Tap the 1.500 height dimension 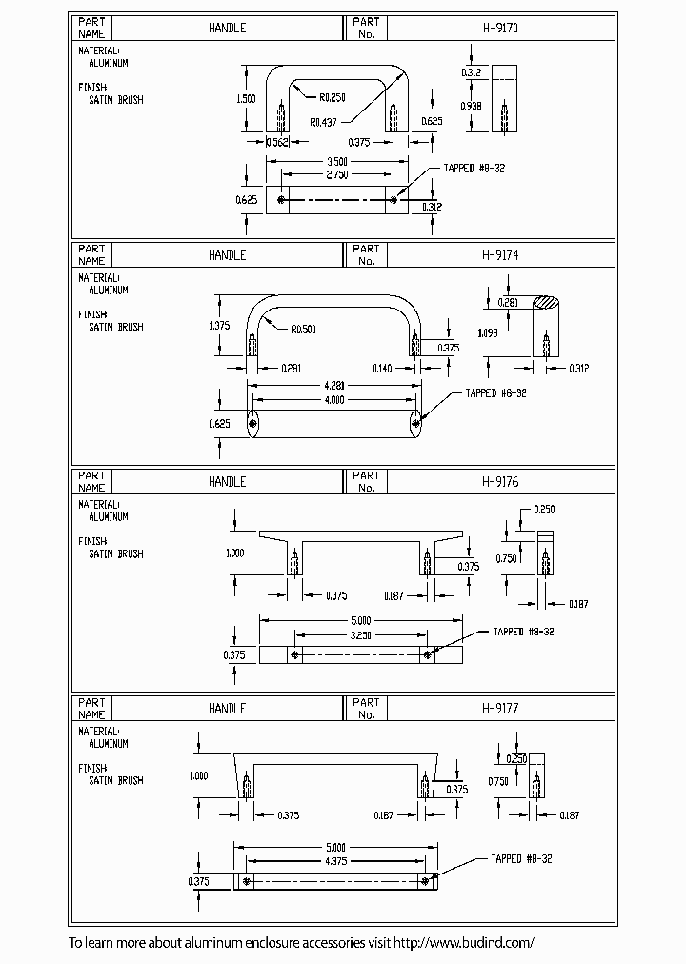(x=247, y=99)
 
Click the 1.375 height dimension (x=219, y=326)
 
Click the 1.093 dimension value (x=488, y=332)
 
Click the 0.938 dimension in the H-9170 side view (x=471, y=106)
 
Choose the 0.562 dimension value (x=277, y=142)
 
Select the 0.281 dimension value (x=509, y=303)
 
